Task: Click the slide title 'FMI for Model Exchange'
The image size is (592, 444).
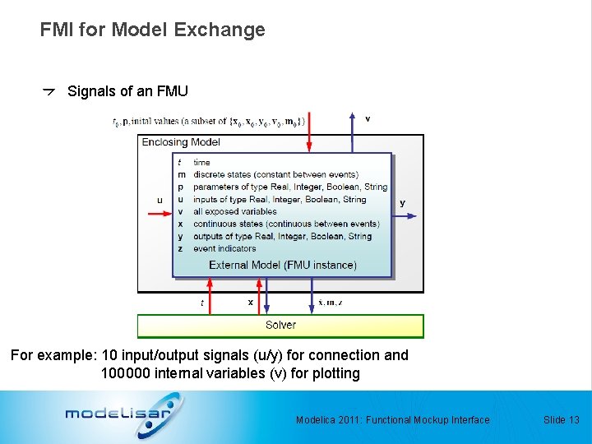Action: tap(152, 30)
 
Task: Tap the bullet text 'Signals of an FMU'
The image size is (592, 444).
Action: tap(127, 91)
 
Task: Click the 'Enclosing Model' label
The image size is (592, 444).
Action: tap(181, 142)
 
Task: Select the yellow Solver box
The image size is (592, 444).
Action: tap(280, 326)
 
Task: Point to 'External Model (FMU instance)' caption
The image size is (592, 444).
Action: tap(282, 265)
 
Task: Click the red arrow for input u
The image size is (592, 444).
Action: tap(159, 214)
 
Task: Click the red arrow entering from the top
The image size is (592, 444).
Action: tap(309, 136)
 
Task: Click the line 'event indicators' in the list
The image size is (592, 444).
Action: tap(224, 248)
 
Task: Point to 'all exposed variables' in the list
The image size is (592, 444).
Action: tap(235, 211)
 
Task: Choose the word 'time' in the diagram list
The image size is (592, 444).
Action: tap(201, 162)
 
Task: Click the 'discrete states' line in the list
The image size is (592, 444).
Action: tap(275, 174)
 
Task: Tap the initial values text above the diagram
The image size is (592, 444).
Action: tap(209, 122)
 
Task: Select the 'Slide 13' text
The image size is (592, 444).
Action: tap(561, 420)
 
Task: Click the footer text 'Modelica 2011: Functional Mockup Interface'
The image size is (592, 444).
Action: tap(392, 420)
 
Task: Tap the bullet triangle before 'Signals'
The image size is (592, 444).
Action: tap(49, 92)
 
